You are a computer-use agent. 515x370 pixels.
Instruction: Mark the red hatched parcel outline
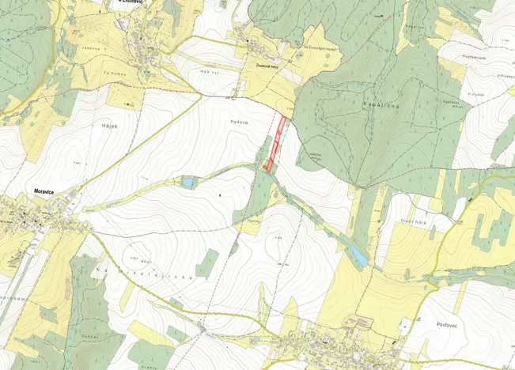pos(276,143)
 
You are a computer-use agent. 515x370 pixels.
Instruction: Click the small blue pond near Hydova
pos(187,183)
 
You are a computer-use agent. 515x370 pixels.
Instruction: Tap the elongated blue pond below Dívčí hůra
pos(358,255)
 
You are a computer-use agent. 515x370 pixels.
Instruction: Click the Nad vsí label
pos(209,72)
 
